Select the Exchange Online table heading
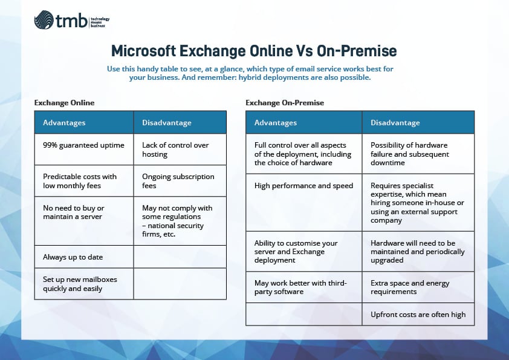coord(65,103)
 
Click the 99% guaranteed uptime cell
coord(84,145)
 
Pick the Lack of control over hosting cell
coord(180,149)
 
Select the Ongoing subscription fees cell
coord(180,181)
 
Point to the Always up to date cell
coord(84,257)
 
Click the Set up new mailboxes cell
coord(84,284)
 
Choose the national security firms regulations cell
coord(180,221)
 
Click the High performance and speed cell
coord(303,186)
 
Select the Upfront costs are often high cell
coord(418,315)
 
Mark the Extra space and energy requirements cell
coord(418,287)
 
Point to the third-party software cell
coord(303,287)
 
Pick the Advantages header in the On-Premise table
coord(276,123)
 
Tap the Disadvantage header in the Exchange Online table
coord(167,123)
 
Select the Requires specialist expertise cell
coord(418,202)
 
